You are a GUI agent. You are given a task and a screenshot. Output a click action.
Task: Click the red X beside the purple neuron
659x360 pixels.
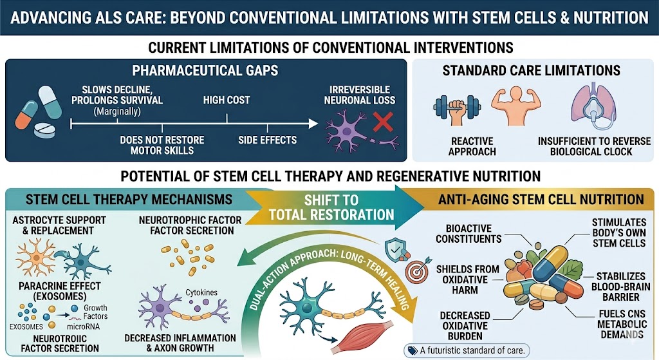(382, 120)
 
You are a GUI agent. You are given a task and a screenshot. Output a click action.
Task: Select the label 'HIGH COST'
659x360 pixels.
(227, 100)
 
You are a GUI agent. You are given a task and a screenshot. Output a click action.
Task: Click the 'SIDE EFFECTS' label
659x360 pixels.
(267, 140)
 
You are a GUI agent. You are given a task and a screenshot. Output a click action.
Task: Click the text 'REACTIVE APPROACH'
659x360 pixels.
(472, 146)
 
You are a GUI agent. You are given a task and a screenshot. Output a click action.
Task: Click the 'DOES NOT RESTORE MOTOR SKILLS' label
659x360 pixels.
(162, 145)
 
